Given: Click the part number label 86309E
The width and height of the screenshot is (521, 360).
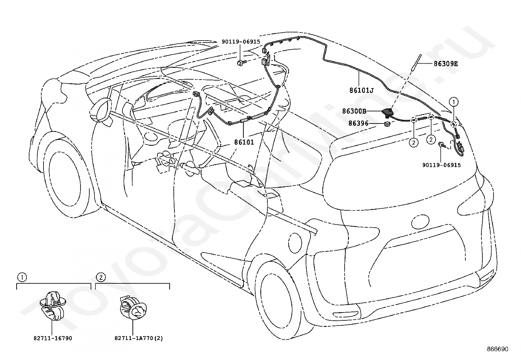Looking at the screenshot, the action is pos(446,64).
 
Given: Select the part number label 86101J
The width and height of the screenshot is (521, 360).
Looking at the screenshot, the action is pos(361,90).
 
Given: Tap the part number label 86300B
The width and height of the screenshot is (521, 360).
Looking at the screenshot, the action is pos(354,111).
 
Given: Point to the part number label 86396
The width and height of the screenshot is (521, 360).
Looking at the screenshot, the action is pos(358,123).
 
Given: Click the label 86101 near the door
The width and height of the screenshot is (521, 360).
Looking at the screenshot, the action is pos(244,142).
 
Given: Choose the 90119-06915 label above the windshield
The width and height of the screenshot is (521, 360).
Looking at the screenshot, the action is pos(241,42).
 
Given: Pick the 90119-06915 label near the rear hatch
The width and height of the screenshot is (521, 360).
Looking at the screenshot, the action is pos(441,165).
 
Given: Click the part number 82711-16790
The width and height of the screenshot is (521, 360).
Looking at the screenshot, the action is pos(53,338).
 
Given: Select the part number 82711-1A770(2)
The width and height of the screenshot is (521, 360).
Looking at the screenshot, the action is pos(139,338).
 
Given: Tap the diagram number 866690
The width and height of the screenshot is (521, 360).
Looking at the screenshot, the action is pos(498,349).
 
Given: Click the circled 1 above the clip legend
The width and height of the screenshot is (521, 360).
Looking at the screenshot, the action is pos(22,277).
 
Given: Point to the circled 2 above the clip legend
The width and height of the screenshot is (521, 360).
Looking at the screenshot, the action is pos(101,277).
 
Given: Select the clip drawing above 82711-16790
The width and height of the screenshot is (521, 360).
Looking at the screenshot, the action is pos(53,306).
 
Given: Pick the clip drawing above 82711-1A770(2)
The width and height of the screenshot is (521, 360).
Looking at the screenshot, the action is pos(133,308).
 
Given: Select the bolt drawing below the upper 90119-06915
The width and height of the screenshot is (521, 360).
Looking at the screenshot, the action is pos(240,63).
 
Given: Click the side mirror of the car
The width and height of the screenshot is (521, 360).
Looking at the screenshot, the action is pos(100,111).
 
